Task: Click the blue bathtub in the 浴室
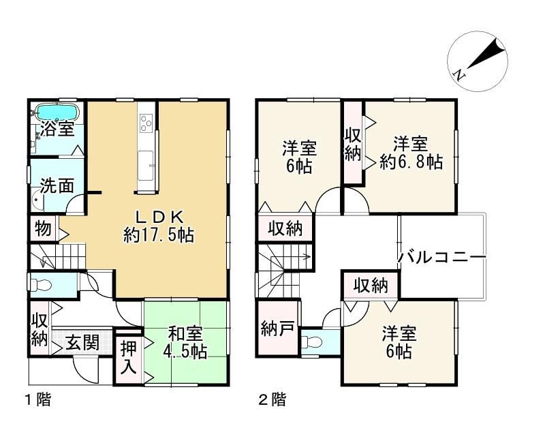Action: tap(58, 112)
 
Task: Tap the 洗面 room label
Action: tap(57, 185)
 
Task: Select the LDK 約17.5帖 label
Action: tap(159, 227)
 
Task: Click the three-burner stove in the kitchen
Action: tap(146, 123)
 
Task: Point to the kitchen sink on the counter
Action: tap(145, 166)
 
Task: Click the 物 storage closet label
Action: tap(43, 229)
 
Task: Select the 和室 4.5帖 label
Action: tap(185, 342)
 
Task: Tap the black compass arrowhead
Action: tap(486, 55)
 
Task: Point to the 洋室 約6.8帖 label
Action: tap(411, 153)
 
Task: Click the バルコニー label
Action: tap(441, 257)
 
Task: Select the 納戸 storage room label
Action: tap(278, 329)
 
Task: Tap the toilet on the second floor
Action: tap(311, 343)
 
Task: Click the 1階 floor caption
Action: tap(38, 399)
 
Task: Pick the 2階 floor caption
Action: tap(272, 399)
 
